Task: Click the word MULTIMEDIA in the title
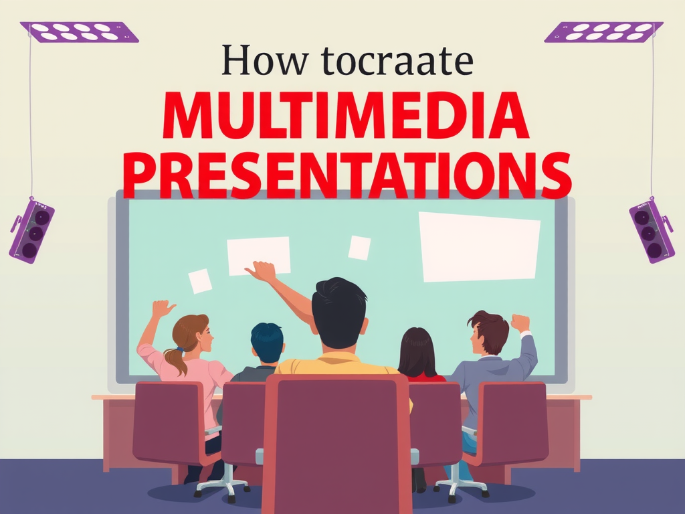click(x=345, y=118)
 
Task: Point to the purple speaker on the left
click(x=31, y=230)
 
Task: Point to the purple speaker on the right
click(x=651, y=230)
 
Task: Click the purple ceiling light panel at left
click(x=79, y=31)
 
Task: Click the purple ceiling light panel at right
click(x=603, y=31)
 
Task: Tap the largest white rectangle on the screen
click(x=478, y=246)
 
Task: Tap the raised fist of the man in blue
click(x=520, y=323)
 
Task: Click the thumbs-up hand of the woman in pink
click(x=163, y=309)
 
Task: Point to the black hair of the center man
click(x=339, y=308)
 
